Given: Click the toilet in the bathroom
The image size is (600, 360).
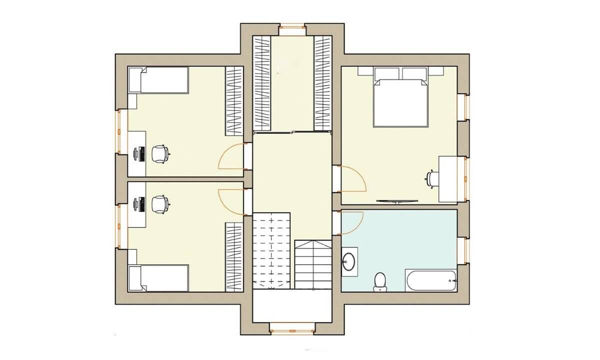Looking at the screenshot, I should (x=380, y=281).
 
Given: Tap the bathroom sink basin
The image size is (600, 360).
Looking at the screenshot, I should (x=349, y=261).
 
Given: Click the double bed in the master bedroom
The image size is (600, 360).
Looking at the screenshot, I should (x=400, y=100).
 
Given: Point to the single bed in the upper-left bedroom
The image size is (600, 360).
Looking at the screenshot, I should (x=158, y=80).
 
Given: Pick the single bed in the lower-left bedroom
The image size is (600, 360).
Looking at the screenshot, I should (x=158, y=277).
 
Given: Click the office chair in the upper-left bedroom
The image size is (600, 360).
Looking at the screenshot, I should (x=159, y=153).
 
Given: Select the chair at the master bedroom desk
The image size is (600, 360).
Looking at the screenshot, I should (x=431, y=178).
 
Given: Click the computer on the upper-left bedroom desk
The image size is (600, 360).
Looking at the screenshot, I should (x=140, y=153).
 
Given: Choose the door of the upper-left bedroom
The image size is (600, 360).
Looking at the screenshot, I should (x=231, y=156).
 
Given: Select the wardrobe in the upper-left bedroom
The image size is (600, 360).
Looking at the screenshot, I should (x=233, y=100).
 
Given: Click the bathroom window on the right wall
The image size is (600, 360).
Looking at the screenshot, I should (x=462, y=250).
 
